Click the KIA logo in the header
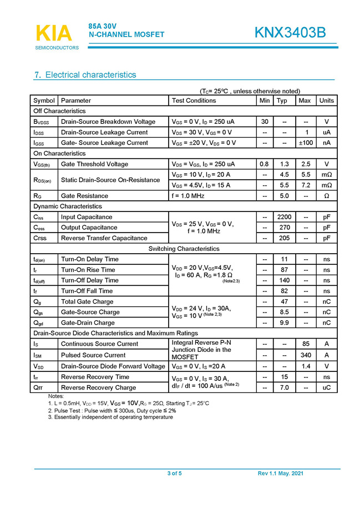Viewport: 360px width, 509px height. [54, 33]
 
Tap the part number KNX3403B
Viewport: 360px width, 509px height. [290, 33]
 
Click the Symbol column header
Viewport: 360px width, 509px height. [44, 100]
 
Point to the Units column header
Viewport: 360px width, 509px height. [327, 100]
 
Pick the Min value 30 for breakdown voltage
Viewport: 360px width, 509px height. [265, 122]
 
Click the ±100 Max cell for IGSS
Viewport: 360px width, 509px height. [305, 143]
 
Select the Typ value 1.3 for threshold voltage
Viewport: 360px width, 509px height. [284, 164]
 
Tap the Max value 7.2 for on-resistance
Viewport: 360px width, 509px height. [305, 185]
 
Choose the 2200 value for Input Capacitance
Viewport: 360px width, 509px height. [284, 217]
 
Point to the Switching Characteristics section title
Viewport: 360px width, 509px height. [184, 249]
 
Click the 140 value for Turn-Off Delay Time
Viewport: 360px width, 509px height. [284, 280]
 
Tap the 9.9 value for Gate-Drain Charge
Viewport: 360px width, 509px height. [284, 322]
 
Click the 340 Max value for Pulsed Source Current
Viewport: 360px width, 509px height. [305, 355]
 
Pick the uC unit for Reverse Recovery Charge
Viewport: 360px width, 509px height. [327, 387]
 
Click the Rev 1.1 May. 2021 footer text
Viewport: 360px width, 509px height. [281, 473]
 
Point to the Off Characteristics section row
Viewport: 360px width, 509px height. [60, 111]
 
